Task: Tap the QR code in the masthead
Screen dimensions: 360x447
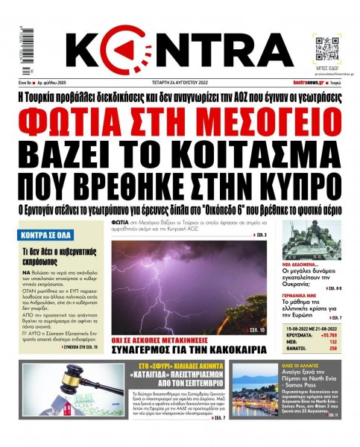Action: tap(328, 45)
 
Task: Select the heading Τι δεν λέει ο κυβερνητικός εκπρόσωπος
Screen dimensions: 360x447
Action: tap(51, 257)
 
